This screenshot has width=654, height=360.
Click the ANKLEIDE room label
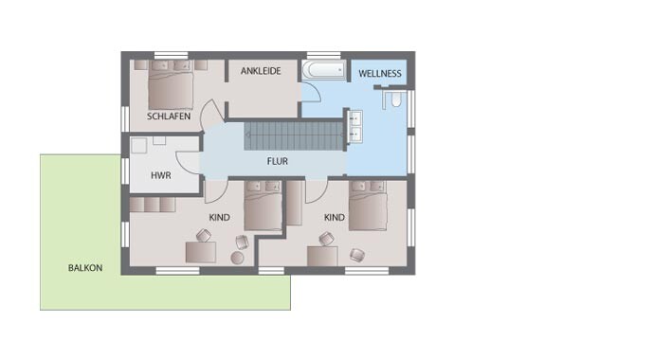click(x=261, y=71)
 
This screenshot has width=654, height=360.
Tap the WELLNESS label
click(x=380, y=74)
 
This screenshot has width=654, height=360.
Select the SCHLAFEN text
click(x=169, y=117)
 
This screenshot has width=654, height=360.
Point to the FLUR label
click(x=278, y=161)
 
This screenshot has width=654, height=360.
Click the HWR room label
click(x=161, y=175)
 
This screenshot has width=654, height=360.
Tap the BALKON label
click(x=85, y=268)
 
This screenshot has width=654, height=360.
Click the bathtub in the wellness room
click(x=323, y=70)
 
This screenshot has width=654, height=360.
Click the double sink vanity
click(x=354, y=127)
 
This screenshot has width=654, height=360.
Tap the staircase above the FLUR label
click(x=294, y=135)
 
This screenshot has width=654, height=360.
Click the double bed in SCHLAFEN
click(x=171, y=84)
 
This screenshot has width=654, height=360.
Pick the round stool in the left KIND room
click(x=237, y=258)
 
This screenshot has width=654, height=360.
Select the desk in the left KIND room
click(x=201, y=252)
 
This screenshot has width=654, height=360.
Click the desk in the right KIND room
click(x=322, y=256)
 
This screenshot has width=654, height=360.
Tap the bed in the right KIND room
click(x=368, y=206)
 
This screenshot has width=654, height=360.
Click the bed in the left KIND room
click(x=263, y=206)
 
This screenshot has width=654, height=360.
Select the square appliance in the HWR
click(x=139, y=146)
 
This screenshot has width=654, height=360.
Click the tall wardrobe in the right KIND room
click(x=294, y=203)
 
